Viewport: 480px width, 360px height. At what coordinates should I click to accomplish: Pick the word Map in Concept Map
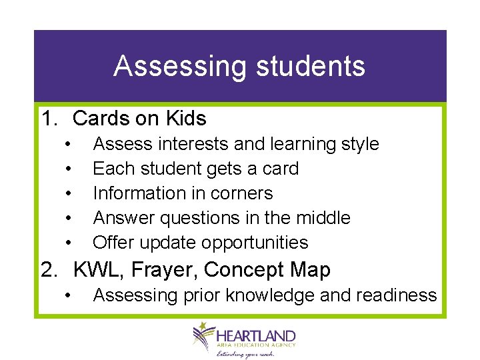tap(309, 270)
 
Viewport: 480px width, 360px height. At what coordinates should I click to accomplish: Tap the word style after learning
tap(358, 144)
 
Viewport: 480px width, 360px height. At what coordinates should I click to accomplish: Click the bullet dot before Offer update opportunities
tap(69, 243)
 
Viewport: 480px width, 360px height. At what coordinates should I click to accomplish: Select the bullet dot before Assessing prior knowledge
tap(69, 295)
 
